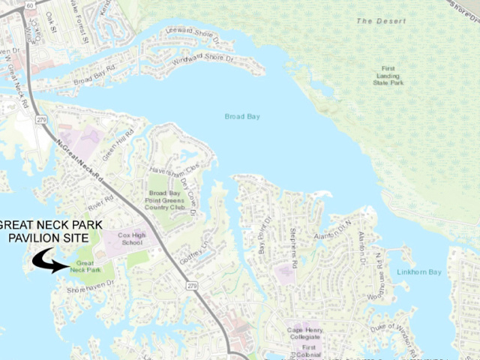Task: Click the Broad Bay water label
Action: coord(241,116)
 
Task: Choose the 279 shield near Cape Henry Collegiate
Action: coord(193,286)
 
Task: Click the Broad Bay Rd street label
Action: coord(94,75)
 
